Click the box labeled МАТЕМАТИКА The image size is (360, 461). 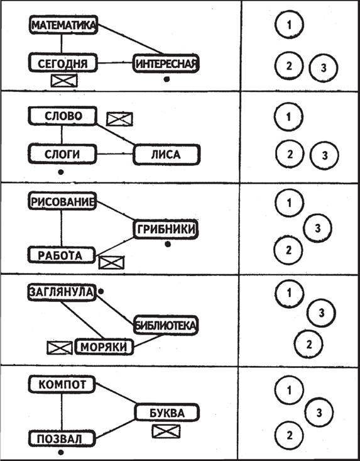[x=63, y=25]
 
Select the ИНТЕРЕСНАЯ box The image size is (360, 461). [x=166, y=64]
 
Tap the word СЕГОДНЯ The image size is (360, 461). [x=63, y=64]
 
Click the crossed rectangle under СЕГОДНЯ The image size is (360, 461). [x=64, y=81]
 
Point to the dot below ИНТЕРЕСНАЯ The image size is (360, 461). [x=166, y=79]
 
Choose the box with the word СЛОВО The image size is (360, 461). [x=63, y=116]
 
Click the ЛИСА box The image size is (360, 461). [x=166, y=154]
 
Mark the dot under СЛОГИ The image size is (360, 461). [x=61, y=172]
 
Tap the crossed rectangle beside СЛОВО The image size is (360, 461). [x=119, y=119]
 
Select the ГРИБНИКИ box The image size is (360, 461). [x=166, y=229]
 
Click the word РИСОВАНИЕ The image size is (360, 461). [x=63, y=202]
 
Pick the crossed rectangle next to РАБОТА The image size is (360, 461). [x=112, y=262]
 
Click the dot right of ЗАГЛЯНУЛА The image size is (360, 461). [x=101, y=291]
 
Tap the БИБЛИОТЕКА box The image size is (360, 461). [x=166, y=325]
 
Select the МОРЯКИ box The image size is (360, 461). [x=104, y=347]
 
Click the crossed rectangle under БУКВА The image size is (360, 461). [x=166, y=431]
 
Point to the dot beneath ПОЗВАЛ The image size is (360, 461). [x=61, y=452]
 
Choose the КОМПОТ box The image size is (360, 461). [x=62, y=384]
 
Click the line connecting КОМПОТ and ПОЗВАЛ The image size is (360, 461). [x=62, y=412]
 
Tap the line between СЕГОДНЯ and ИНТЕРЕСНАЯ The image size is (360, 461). [x=115, y=63]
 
